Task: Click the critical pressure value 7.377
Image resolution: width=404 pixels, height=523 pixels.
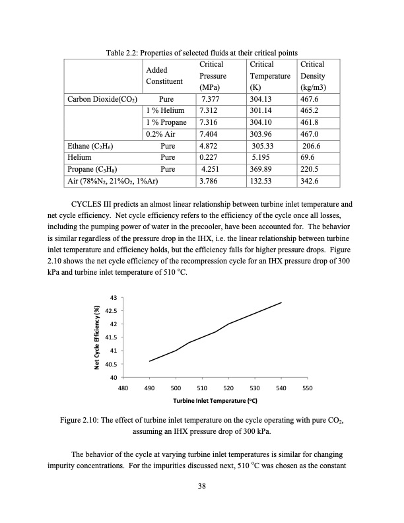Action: point(211,99)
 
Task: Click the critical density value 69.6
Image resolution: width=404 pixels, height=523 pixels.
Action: point(308,157)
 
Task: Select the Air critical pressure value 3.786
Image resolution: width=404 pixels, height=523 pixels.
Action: point(211,180)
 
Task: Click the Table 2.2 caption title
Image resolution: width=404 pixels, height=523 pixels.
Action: point(202,52)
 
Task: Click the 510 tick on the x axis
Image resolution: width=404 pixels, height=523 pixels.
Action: point(203,388)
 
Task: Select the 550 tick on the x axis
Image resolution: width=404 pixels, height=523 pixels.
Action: point(307,388)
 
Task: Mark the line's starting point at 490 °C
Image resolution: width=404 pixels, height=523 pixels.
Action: point(150,361)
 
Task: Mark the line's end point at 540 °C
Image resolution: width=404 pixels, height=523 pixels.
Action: point(282,302)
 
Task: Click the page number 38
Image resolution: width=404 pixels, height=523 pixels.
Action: point(202,487)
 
